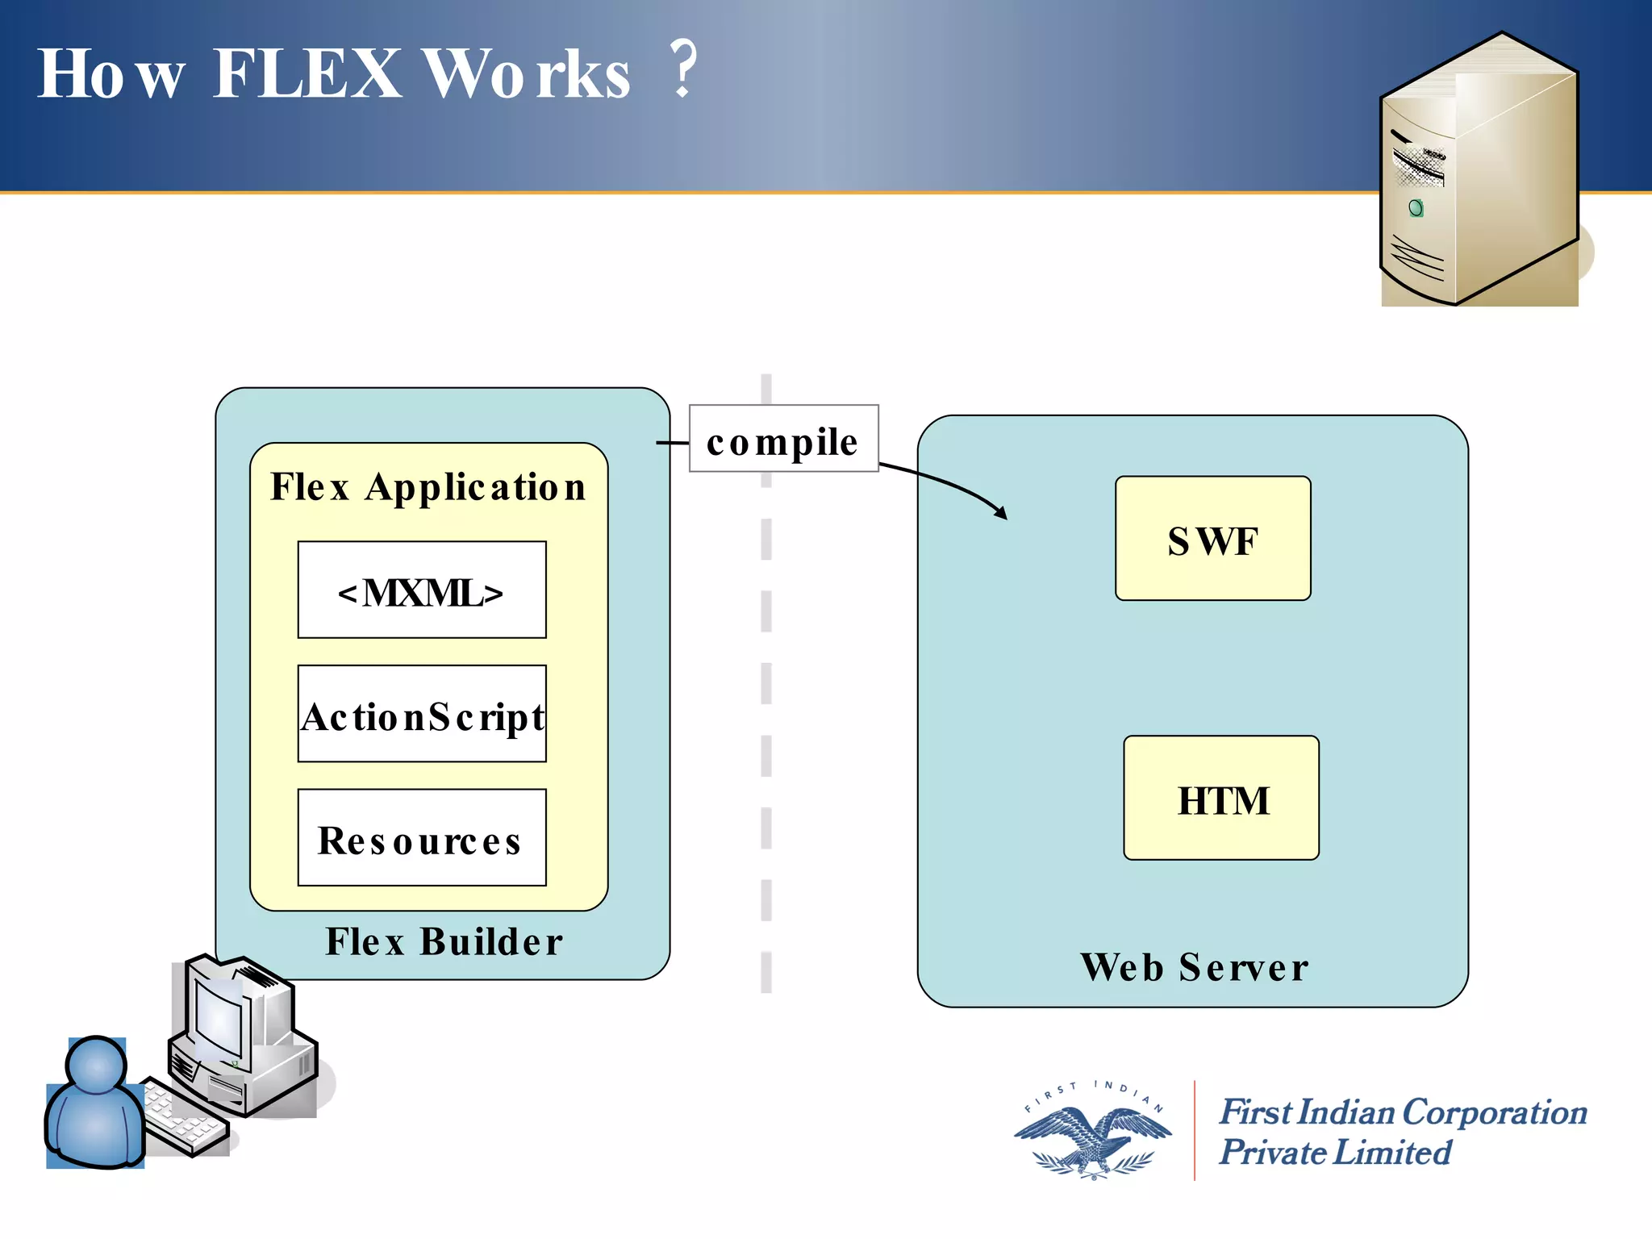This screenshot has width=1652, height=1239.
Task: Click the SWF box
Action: (x=1212, y=539)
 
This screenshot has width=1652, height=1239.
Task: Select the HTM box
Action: (x=1221, y=799)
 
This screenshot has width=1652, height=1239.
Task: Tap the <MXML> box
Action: (x=421, y=590)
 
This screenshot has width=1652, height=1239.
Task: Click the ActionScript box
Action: (x=421, y=714)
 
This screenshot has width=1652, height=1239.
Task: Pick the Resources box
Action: (x=421, y=838)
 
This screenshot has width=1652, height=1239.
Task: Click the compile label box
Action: (x=783, y=439)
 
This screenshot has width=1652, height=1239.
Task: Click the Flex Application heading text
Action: (x=428, y=487)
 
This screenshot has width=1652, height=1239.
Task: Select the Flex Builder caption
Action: (x=444, y=942)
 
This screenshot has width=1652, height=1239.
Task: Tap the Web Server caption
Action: (x=1194, y=967)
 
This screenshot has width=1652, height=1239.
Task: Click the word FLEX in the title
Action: (x=307, y=74)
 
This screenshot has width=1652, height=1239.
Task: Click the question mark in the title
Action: (x=684, y=69)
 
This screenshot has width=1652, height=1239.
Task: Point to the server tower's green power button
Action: (x=1416, y=209)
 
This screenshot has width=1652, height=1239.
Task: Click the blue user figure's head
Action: (x=97, y=1065)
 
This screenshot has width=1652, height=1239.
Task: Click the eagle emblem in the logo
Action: (x=1093, y=1137)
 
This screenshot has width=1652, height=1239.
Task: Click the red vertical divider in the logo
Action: (x=1195, y=1129)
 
